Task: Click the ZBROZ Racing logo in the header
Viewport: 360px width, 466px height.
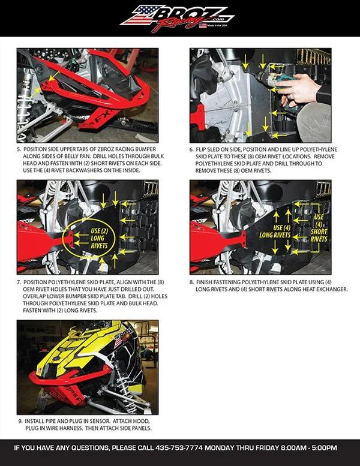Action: (177, 17)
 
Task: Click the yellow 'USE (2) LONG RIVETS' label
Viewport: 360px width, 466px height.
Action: (99, 238)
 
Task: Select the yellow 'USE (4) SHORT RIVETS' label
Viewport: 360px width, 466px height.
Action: (319, 228)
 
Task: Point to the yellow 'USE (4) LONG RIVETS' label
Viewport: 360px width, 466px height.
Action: (275, 232)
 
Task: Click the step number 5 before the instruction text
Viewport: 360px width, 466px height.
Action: (19, 149)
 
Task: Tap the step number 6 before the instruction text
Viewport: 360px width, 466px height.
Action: (191, 149)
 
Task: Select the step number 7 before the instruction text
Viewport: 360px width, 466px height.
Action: (19, 282)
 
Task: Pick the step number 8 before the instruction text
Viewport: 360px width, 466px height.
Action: (191, 282)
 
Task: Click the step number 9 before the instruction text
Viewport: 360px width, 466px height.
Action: (20, 421)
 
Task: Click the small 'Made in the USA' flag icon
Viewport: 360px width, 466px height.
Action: (203, 26)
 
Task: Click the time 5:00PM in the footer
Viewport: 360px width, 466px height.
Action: (325, 447)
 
